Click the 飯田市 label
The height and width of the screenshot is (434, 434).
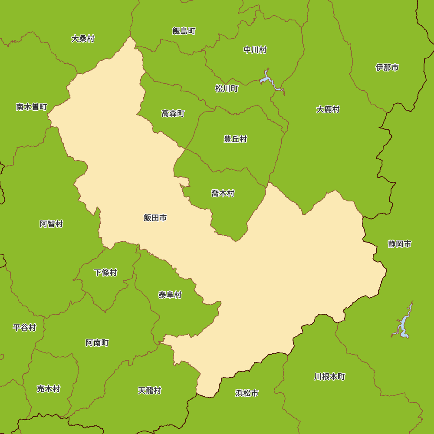(x=155, y=218)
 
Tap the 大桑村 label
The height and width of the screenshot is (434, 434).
(x=83, y=39)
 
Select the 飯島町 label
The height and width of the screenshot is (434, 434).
(x=184, y=31)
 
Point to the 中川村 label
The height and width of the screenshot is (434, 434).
(x=255, y=50)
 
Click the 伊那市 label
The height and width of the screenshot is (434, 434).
(x=387, y=67)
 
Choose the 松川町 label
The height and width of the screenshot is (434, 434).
(x=227, y=89)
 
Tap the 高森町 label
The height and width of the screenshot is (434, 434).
(x=173, y=113)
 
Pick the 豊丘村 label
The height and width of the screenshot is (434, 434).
(x=235, y=139)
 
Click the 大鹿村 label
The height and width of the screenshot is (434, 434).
(x=328, y=109)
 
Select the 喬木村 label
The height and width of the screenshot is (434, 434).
(x=223, y=193)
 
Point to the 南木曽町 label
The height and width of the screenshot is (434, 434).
(x=31, y=107)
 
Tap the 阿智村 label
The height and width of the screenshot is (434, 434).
(x=51, y=224)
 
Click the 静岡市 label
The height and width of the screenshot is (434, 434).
(x=400, y=244)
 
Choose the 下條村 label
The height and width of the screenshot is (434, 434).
(x=105, y=273)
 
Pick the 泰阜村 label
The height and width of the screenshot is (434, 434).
(x=170, y=295)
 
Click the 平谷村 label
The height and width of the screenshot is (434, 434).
(x=24, y=327)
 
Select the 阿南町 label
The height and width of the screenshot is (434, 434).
(x=97, y=343)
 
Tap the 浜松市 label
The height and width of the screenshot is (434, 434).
(x=247, y=393)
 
